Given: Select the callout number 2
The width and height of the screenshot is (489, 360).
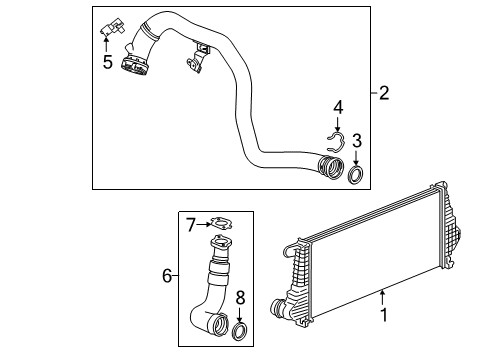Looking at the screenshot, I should click(x=383, y=94).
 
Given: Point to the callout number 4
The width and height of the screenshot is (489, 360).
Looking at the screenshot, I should click(x=338, y=105).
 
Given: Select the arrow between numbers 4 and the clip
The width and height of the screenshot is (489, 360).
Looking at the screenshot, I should click(x=338, y=122).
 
